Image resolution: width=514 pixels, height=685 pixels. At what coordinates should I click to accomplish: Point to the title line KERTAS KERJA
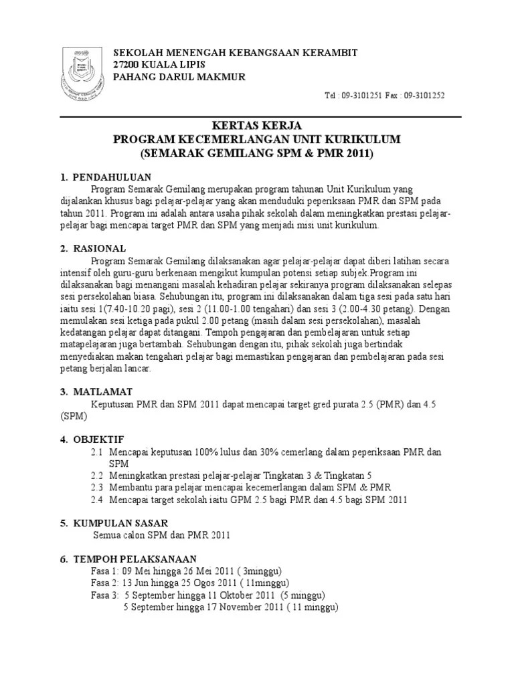click(256, 126)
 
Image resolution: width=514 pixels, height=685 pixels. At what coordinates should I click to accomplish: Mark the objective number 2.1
click(97, 452)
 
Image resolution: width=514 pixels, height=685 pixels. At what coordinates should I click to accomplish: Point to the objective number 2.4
click(97, 499)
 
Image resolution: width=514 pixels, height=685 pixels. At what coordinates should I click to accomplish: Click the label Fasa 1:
click(105, 571)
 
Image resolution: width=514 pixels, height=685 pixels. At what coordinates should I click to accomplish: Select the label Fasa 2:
click(105, 583)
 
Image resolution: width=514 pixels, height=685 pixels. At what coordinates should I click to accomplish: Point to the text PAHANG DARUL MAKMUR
click(179, 76)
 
